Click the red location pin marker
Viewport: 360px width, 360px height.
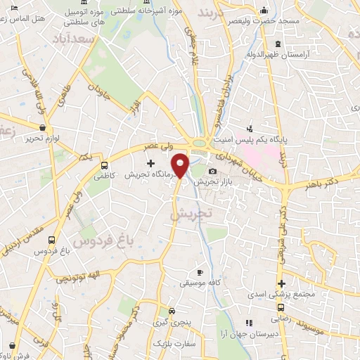coord(181,165)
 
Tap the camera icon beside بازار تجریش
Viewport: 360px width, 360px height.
coord(212,171)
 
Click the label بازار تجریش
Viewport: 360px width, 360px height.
coord(213,181)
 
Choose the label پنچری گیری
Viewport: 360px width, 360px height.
coord(173,323)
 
